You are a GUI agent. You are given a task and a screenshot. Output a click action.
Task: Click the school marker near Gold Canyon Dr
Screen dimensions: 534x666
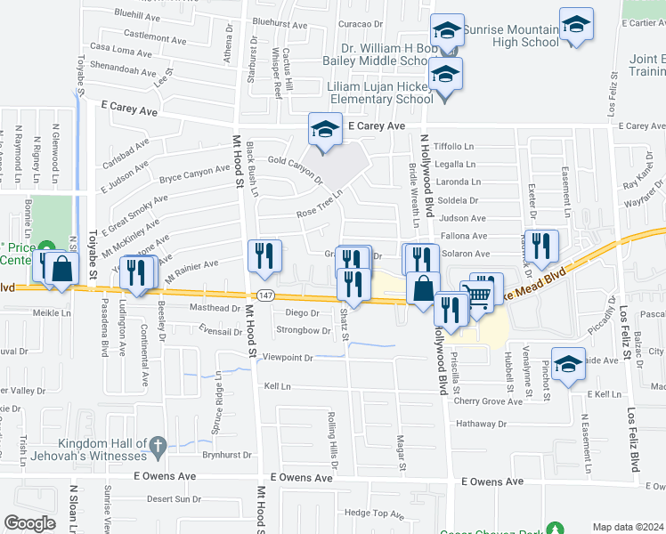pos(325,129)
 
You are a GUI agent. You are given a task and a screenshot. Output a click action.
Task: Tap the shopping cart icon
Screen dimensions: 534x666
pos(478,295)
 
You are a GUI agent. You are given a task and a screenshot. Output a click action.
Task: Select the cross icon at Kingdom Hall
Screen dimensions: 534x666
pos(157,445)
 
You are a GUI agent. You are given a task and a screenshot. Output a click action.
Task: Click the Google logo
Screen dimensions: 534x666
pos(29,523)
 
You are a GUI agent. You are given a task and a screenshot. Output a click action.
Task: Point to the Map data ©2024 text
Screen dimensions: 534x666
pos(628,527)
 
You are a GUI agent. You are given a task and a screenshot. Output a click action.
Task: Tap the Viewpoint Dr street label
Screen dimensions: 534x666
pos(284,358)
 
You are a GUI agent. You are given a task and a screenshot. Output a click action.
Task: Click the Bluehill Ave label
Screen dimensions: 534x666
pos(137,16)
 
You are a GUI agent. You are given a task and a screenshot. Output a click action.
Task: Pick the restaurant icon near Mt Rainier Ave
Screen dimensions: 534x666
pos(264,256)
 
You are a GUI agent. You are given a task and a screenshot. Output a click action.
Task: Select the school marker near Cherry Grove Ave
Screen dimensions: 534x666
pos(568,363)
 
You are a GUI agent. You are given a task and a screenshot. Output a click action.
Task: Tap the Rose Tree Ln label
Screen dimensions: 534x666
pos(319,207)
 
